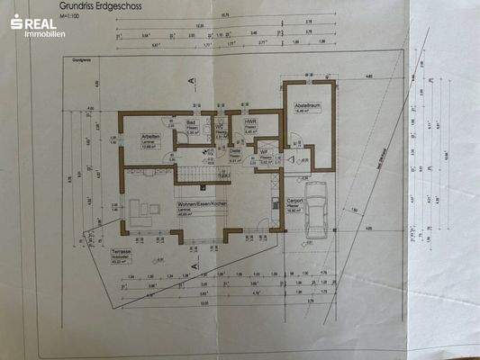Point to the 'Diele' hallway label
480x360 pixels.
pos(235,152)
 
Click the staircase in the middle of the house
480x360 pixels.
pos(190,167)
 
